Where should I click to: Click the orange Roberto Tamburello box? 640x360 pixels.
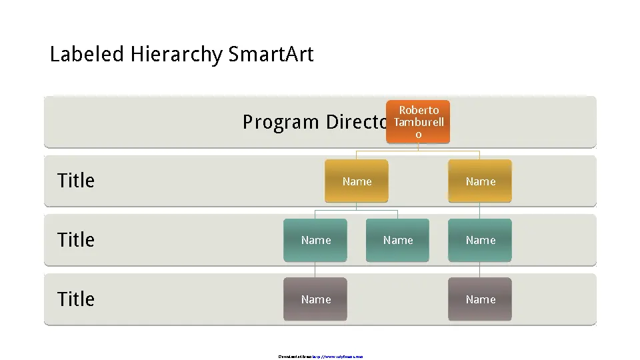click(418, 122)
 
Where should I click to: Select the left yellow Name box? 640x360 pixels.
click(357, 181)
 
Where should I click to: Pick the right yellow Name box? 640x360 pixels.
click(480, 181)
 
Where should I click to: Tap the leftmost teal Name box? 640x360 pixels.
click(315, 240)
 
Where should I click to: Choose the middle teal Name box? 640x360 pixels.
click(398, 240)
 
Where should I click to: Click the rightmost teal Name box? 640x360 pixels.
click(480, 240)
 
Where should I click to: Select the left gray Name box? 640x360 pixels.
click(315, 299)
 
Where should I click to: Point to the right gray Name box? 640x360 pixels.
click(480, 299)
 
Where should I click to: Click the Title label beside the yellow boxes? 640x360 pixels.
click(76, 181)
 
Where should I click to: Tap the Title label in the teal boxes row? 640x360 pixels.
click(76, 240)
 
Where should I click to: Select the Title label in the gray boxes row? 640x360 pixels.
click(76, 299)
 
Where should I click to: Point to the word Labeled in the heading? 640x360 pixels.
click(87, 54)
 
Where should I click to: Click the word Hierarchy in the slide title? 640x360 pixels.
click(176, 54)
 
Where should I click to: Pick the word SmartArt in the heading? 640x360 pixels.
click(271, 54)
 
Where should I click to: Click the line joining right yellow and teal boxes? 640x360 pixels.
click(480, 211)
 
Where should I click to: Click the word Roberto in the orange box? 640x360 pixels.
click(419, 110)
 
